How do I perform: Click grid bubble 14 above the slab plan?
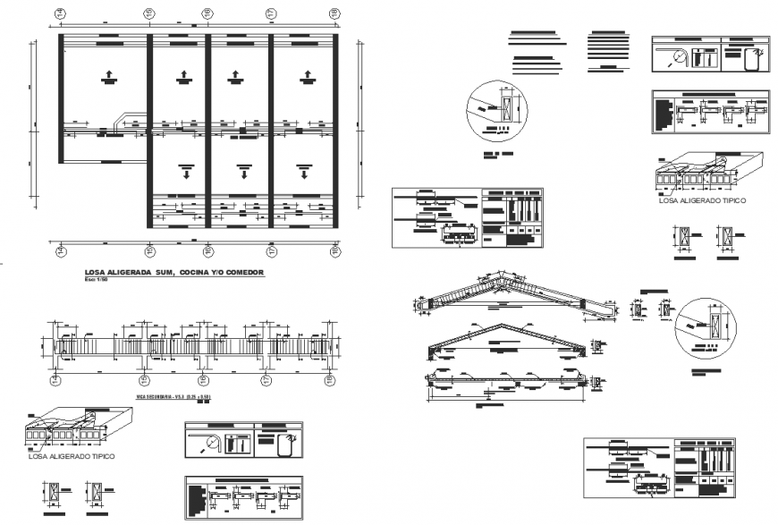point(61,13)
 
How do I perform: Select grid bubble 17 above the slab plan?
point(269,13)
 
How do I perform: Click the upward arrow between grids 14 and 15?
point(109,76)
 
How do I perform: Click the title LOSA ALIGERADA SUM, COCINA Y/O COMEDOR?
point(174,271)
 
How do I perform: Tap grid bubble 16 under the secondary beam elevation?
point(207,380)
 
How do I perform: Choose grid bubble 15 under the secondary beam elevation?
point(150,380)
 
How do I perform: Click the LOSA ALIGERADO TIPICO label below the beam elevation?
point(72,456)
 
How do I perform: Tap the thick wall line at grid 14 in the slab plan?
point(61,98)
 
